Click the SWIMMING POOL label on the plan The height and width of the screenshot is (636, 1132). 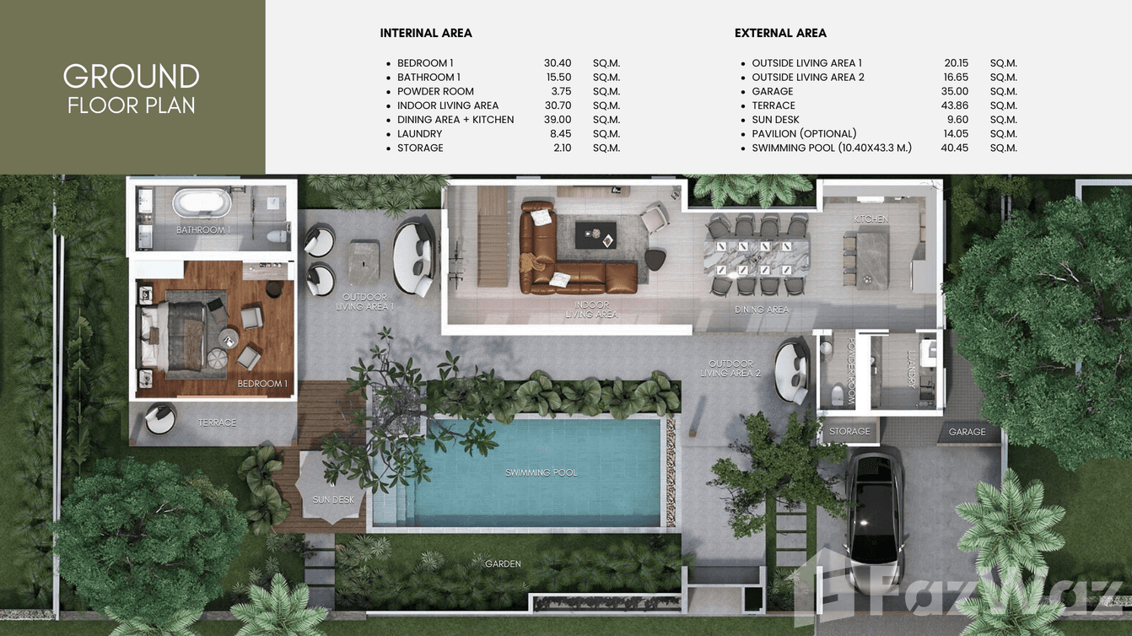pyautogui.click(x=541, y=472)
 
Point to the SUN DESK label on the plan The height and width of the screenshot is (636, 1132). pyautogui.click(x=333, y=499)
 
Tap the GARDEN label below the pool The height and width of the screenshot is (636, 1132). pyautogui.click(x=503, y=563)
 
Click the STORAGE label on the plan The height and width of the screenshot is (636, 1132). pyautogui.click(x=849, y=431)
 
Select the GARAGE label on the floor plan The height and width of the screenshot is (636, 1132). pyautogui.click(x=967, y=432)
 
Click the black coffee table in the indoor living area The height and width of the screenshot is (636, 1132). pyautogui.click(x=596, y=235)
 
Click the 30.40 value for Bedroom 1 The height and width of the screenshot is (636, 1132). pyautogui.click(x=558, y=63)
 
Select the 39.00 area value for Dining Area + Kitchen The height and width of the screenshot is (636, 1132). pyautogui.click(x=558, y=120)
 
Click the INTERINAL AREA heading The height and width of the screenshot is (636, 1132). pyautogui.click(x=426, y=34)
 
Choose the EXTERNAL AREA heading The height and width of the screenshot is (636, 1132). pyautogui.click(x=780, y=34)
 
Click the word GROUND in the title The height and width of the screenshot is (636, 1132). pyautogui.click(x=131, y=77)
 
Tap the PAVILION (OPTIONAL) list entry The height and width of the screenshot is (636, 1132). pyautogui.click(x=804, y=133)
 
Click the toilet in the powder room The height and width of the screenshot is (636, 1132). pyautogui.click(x=838, y=394)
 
